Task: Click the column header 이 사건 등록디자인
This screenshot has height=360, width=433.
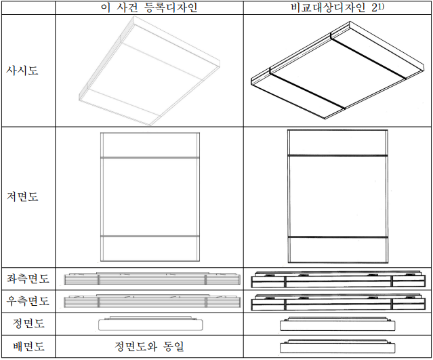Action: pos(149,7)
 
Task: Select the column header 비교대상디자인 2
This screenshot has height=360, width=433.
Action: pos(335,7)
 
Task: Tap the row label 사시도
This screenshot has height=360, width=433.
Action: pos(22,71)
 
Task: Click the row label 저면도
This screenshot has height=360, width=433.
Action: pos(22,197)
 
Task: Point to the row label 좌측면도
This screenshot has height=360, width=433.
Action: pos(28,279)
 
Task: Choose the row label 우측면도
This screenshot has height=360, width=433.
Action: pos(28,301)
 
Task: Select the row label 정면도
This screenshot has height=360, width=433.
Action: pos(28,323)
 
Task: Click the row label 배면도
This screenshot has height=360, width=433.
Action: pos(28,346)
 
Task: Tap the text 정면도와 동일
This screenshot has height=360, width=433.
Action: pos(149,346)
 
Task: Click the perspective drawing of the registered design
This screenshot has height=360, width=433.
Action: pos(149,71)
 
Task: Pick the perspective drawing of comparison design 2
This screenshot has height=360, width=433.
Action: pos(337,71)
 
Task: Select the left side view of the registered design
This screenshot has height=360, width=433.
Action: pos(152,279)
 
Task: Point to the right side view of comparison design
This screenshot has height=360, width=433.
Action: pos(338,302)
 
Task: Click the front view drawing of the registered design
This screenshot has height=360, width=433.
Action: pos(151,323)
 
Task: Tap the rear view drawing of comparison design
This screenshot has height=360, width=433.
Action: pos(337,346)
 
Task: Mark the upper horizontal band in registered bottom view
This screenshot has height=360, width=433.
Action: pos(150,157)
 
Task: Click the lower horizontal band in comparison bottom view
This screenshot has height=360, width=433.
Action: pos(337,237)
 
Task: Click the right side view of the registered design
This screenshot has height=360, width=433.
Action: pos(152,301)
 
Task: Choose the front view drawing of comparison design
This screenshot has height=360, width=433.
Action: pos(337,324)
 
